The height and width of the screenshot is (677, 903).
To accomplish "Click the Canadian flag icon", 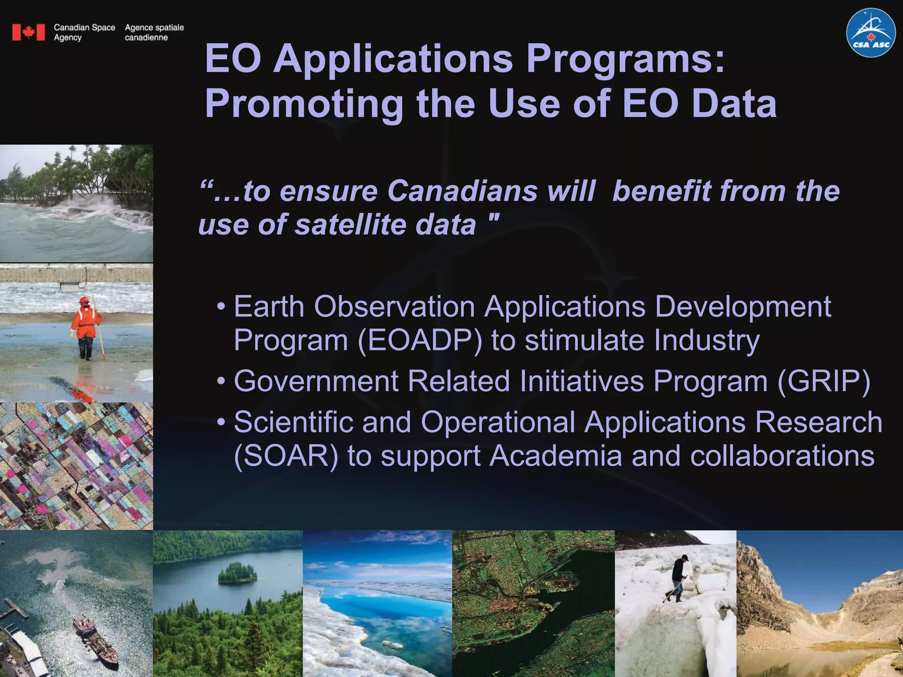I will (x=29, y=32).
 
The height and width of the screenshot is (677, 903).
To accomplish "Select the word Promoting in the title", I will (x=304, y=104).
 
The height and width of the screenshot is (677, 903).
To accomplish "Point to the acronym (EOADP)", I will (x=420, y=340).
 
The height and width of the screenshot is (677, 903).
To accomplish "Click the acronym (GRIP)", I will (x=824, y=381).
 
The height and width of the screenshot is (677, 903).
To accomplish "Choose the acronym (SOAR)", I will (x=286, y=456).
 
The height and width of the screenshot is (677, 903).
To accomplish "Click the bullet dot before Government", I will (x=221, y=381).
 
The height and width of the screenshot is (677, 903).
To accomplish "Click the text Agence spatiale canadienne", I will (x=154, y=32).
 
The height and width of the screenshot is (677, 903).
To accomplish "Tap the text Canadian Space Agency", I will (x=84, y=32).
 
